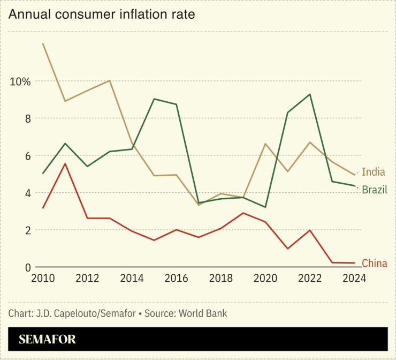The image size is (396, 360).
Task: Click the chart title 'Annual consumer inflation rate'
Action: coord(102,14)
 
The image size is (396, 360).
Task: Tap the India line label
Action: coord(373,172)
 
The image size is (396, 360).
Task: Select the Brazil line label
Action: coord(375,190)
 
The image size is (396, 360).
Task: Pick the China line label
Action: coord(374,263)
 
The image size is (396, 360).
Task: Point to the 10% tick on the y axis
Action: coord(20,81)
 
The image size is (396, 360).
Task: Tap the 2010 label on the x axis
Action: coord(43,279)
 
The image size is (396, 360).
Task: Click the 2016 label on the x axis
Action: coord(176,279)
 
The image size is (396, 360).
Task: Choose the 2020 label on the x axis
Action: coord(265,279)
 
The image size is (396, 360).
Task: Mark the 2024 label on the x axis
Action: coord(354,279)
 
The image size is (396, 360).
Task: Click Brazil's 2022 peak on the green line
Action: coord(310,94)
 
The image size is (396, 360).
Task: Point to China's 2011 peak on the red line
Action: coord(65,163)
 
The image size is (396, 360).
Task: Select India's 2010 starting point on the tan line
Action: coord(43,43)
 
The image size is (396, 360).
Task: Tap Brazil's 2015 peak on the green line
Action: coord(154,99)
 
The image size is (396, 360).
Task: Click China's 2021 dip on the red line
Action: coord(287,249)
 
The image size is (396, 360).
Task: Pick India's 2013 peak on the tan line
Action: coord(109,80)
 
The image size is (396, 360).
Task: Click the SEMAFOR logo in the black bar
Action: coord(47,339)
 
